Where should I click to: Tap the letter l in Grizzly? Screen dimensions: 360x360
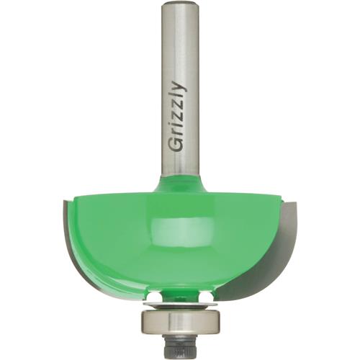177,97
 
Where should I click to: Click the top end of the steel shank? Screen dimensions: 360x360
179,5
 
